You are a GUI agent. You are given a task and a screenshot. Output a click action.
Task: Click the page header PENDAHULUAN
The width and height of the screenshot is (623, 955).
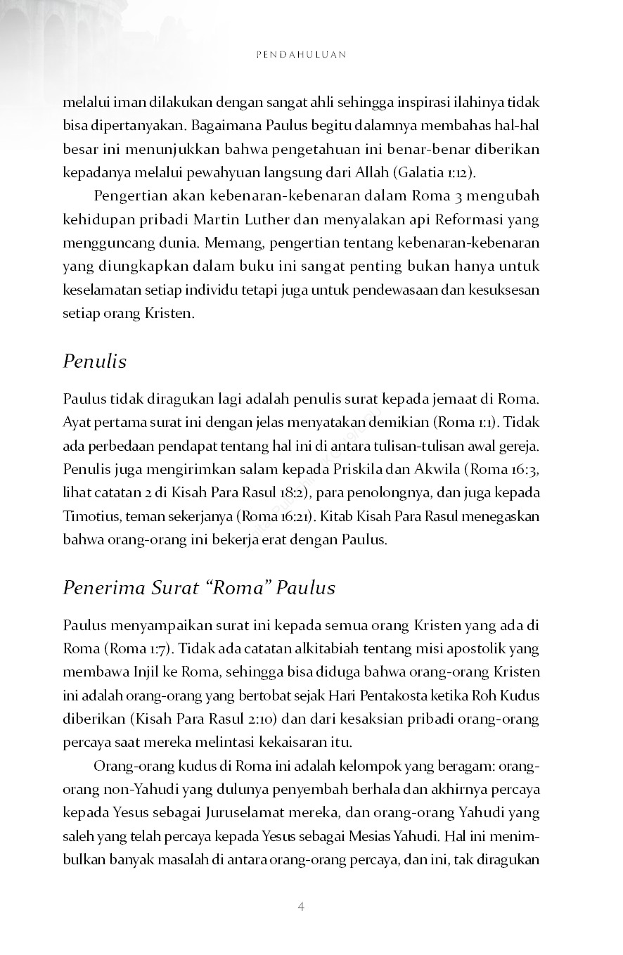[301, 54]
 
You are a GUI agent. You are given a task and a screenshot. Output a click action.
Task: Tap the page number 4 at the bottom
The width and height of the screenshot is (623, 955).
[301, 906]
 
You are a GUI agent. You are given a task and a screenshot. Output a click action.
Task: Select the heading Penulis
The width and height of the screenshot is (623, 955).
[95, 361]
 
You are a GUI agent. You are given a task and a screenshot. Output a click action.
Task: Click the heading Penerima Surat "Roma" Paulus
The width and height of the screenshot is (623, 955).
[199, 587]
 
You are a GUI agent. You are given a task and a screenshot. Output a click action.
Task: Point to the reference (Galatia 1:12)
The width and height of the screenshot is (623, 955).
[430, 172]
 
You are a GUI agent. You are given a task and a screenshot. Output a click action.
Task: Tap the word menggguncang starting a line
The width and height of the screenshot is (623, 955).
[104, 243]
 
